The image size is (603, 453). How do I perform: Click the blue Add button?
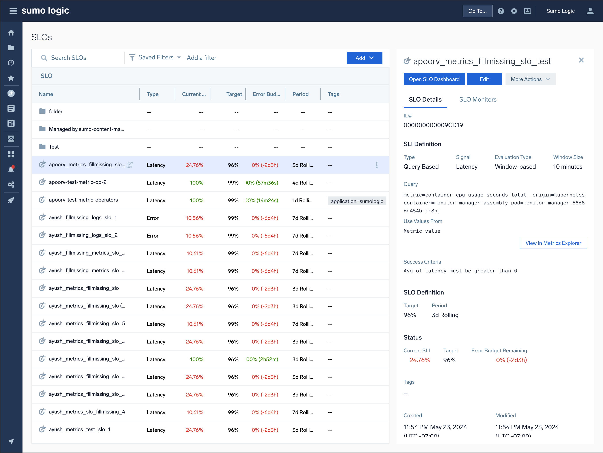click(364, 58)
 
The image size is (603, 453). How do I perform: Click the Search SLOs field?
click(82, 58)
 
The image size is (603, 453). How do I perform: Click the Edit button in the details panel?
click(484, 79)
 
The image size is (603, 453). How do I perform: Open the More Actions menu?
click(530, 79)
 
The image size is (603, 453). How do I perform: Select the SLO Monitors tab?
click(477, 100)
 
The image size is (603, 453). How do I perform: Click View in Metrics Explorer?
click(553, 243)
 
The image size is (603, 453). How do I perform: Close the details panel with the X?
click(581, 60)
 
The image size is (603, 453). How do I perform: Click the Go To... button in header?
click(477, 11)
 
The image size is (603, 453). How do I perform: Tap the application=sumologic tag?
click(357, 201)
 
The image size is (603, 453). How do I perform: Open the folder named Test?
click(54, 147)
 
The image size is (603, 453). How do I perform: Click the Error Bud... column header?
click(266, 94)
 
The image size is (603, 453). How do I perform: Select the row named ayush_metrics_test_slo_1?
click(80, 430)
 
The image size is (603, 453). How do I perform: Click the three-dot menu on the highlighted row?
click(376, 165)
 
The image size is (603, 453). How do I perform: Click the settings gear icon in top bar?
click(514, 11)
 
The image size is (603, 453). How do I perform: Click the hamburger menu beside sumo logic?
click(13, 11)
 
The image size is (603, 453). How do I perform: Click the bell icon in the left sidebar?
click(11, 169)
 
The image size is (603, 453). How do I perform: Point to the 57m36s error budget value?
click(262, 183)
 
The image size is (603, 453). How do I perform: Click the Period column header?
click(300, 94)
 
